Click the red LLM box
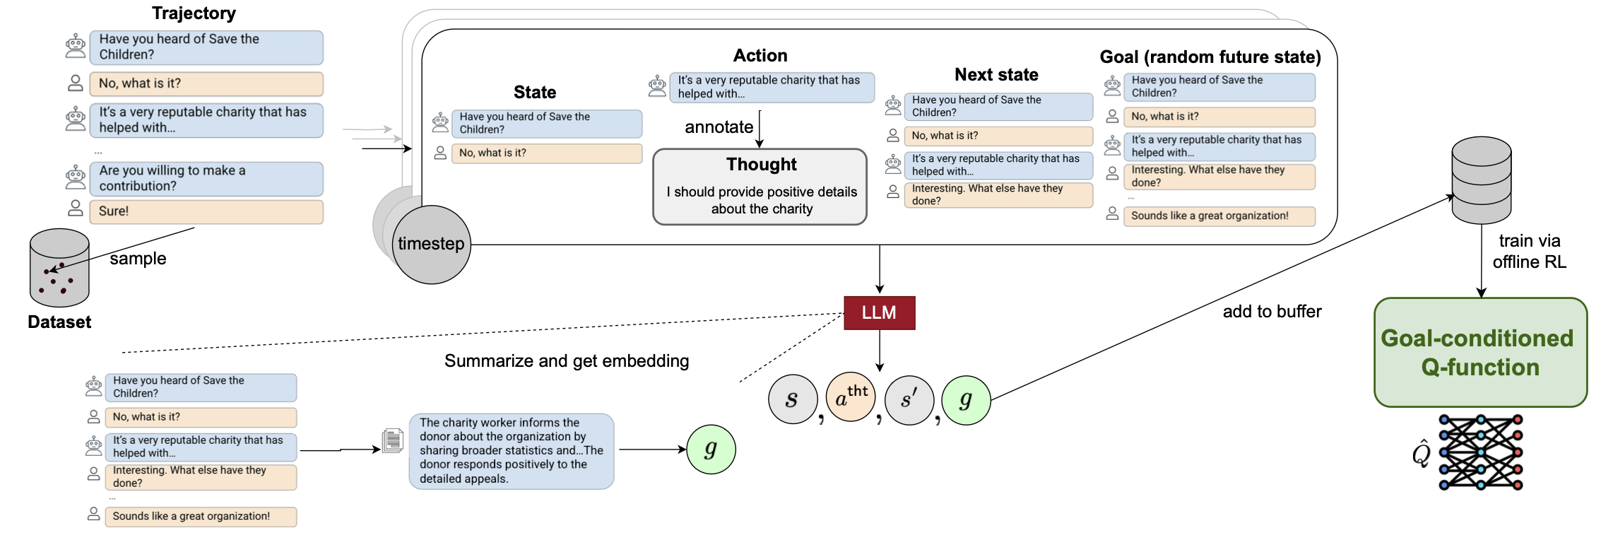879,312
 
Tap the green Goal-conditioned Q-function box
1479,352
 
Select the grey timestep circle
431,245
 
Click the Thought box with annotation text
760,187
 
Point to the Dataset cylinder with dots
59,269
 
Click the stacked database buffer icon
1481,180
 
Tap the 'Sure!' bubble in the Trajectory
206,211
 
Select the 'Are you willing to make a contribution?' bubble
206,179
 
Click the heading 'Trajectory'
194,13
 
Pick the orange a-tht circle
850,398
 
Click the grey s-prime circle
909,400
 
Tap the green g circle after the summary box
711,450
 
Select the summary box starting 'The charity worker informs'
511,451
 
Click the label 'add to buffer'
1272,312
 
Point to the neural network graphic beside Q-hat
1480,452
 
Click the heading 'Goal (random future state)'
1210,57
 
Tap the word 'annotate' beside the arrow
719,127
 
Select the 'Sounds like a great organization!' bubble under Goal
1219,216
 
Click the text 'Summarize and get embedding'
566,361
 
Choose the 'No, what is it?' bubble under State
546,153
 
